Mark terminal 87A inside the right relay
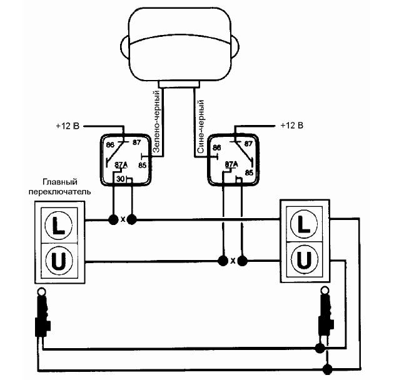[231, 165]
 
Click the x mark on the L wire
[123, 219]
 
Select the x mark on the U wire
[233, 261]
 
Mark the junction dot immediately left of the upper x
[113, 219]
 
